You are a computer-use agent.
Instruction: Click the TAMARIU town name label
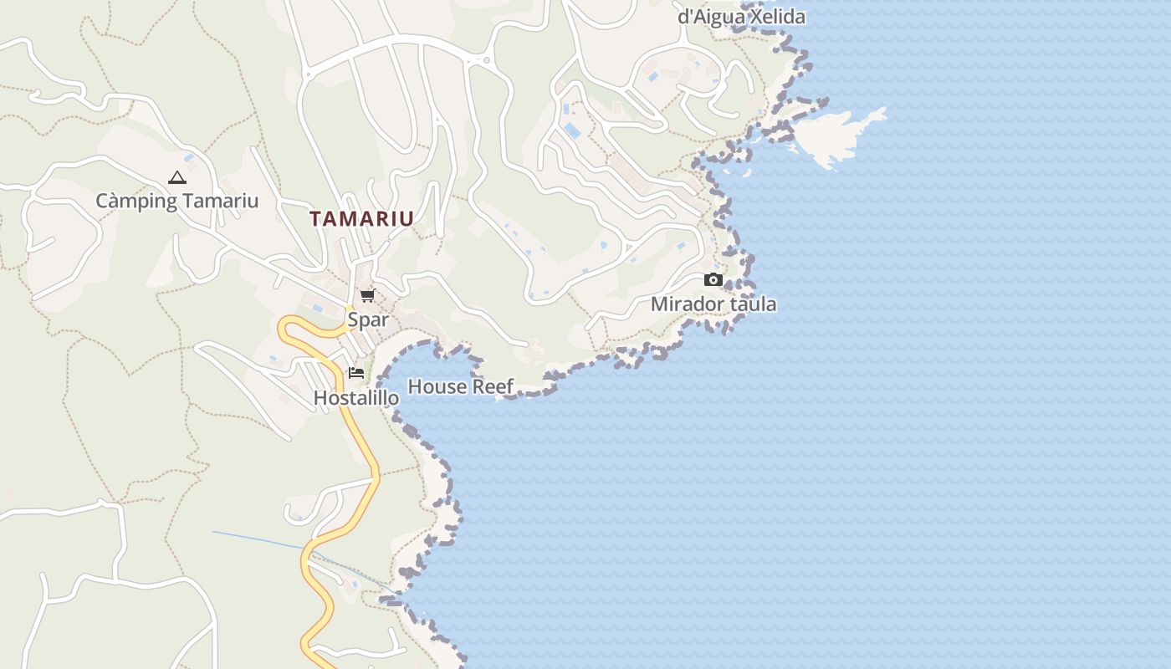[x=361, y=219]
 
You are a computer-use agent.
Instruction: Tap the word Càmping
[x=136, y=201]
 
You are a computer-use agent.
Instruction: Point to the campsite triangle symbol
[x=176, y=177]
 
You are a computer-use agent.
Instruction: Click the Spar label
[x=368, y=319]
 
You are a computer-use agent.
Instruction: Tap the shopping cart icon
[x=367, y=295]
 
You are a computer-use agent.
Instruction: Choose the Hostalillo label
[x=356, y=398]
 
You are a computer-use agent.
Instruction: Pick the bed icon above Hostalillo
[x=356, y=373]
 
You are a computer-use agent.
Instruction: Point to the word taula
[x=753, y=304]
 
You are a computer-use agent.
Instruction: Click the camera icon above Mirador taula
[x=713, y=280]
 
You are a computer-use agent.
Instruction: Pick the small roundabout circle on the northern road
[x=487, y=60]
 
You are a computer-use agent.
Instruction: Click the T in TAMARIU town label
[x=316, y=219]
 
